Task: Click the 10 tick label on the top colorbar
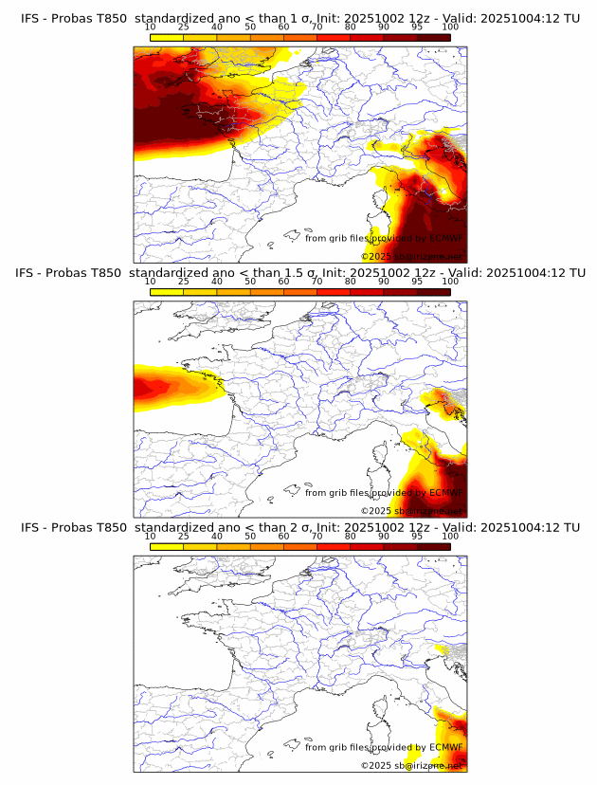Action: click(150, 27)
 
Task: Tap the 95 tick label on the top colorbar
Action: click(417, 27)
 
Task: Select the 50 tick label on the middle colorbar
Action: click(250, 282)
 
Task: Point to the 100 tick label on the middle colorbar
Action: click(451, 282)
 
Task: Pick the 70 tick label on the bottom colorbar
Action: click(317, 536)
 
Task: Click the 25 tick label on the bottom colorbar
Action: click(183, 536)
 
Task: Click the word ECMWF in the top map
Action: click(444, 238)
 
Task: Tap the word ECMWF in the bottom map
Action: click(444, 747)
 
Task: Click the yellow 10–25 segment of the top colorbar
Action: click(167, 37)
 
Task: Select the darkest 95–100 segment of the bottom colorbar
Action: click(434, 546)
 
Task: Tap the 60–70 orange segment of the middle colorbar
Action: click(300, 292)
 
